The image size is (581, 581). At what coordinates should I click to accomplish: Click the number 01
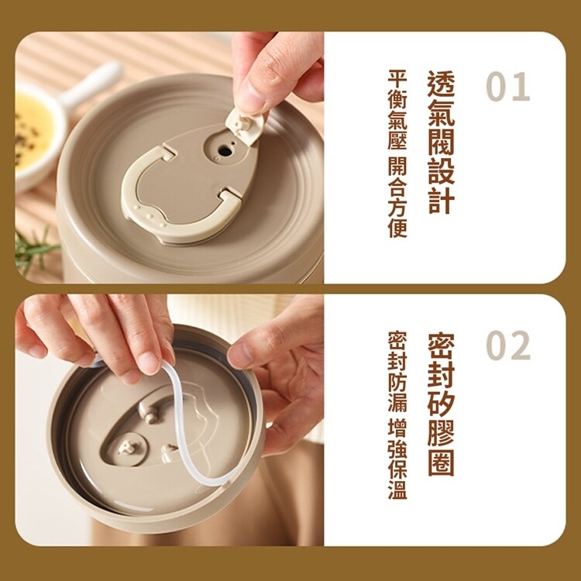(507, 86)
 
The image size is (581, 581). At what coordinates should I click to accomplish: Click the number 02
(508, 346)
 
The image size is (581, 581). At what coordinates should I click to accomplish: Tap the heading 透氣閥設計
(441, 143)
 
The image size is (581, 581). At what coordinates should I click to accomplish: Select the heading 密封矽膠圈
(441, 404)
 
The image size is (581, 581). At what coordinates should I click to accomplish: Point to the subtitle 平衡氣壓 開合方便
(397, 153)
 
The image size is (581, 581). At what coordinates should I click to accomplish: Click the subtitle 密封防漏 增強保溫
(397, 415)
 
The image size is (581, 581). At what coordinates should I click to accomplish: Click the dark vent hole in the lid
(225, 151)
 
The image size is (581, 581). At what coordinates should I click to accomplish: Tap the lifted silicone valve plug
(246, 125)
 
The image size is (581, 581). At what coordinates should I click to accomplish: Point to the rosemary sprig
(35, 249)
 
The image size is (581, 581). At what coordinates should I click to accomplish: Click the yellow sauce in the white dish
(33, 132)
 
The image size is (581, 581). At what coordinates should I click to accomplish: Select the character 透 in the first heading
(441, 84)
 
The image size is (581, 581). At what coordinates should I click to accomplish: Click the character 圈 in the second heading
(441, 462)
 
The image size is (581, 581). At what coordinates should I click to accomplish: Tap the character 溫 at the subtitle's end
(397, 490)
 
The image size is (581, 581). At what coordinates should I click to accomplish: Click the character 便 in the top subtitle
(397, 229)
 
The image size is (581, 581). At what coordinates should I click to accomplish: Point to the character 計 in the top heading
(441, 201)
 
